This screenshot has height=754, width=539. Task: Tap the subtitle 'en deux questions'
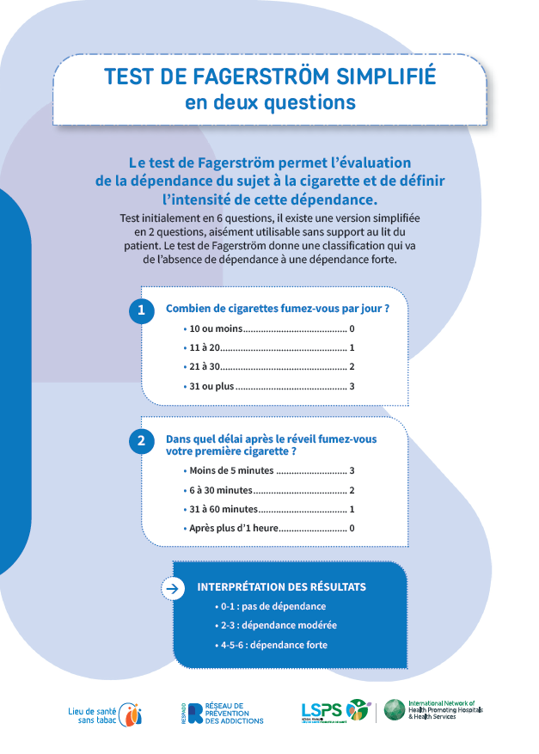270,102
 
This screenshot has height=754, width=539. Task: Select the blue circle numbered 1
141,310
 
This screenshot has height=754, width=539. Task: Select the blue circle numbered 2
141,441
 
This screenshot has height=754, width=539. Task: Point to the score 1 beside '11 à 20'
352,348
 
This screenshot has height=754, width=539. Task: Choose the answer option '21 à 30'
205,367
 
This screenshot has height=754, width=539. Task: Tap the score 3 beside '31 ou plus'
352,386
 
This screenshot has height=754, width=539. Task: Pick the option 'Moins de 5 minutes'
231,470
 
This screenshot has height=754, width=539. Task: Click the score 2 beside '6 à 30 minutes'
352,490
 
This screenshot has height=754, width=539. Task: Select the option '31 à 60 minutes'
224,509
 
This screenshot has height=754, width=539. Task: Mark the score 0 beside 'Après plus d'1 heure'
352,528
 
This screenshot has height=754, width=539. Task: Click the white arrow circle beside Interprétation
173,588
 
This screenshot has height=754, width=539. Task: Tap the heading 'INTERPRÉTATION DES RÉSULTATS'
282,587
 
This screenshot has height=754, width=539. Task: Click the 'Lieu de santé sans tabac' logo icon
130,713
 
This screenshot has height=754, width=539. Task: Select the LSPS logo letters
322,710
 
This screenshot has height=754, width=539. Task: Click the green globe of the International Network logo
395,710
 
